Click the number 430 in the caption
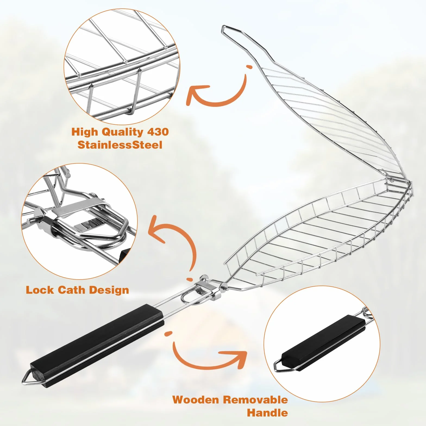tap(158, 132)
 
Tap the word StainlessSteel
tap(120, 145)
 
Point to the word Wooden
tap(196, 400)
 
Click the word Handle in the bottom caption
tap(267, 413)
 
